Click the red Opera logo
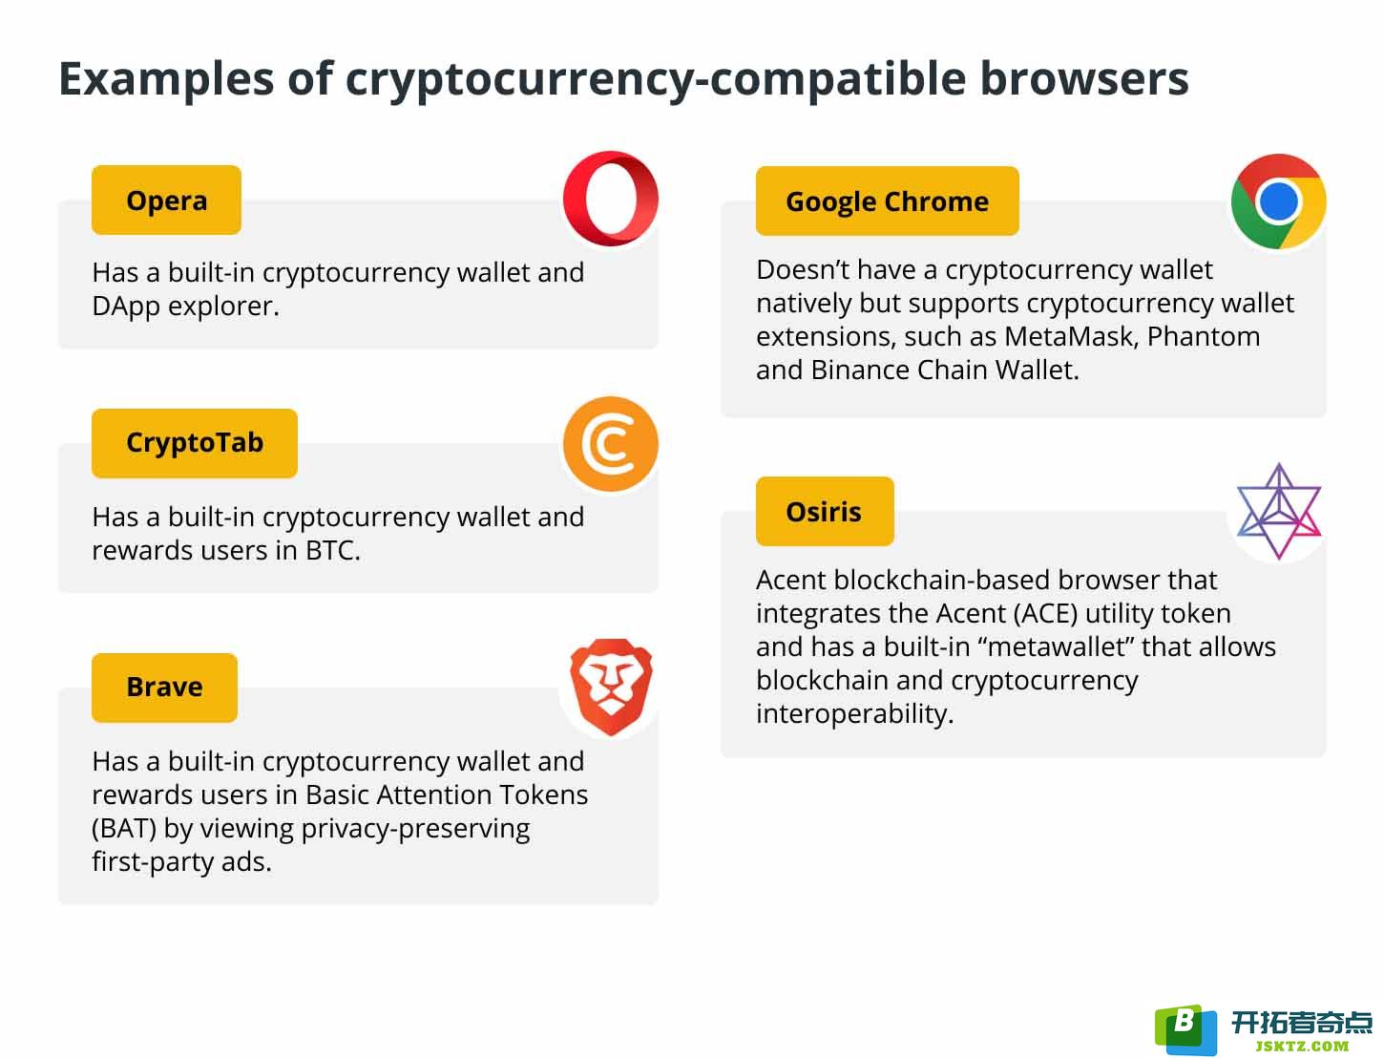coord(610,198)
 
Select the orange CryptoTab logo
coord(610,443)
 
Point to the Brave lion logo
coord(610,687)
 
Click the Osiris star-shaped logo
coord(1278,511)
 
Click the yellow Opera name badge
coord(166,200)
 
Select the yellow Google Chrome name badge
coord(887,201)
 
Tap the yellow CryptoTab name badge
coord(194,443)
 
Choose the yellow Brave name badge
coord(164,688)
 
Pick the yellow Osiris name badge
coord(824,511)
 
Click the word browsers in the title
coord(1084,79)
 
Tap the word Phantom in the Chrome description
coord(1203,336)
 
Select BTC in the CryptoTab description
coord(332,551)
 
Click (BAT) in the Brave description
coord(124,829)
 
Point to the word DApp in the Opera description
coord(126,307)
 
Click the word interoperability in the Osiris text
coord(854,714)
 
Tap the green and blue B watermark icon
coord(1185,1028)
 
